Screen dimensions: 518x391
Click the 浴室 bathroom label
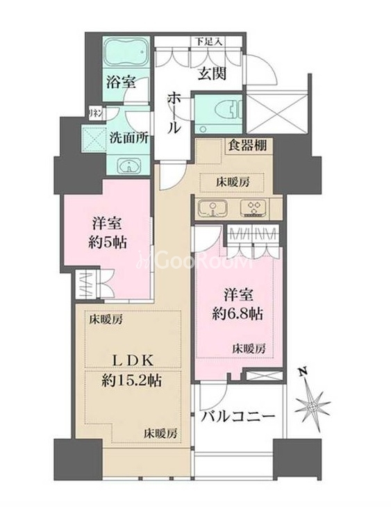click(121, 81)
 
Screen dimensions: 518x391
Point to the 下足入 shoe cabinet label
click(208, 41)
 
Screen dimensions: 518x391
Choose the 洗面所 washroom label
click(128, 137)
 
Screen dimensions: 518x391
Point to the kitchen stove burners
click(251, 207)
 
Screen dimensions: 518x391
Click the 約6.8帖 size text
click(237, 313)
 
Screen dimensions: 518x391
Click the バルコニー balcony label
click(239, 417)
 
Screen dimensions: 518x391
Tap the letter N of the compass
click(300, 371)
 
